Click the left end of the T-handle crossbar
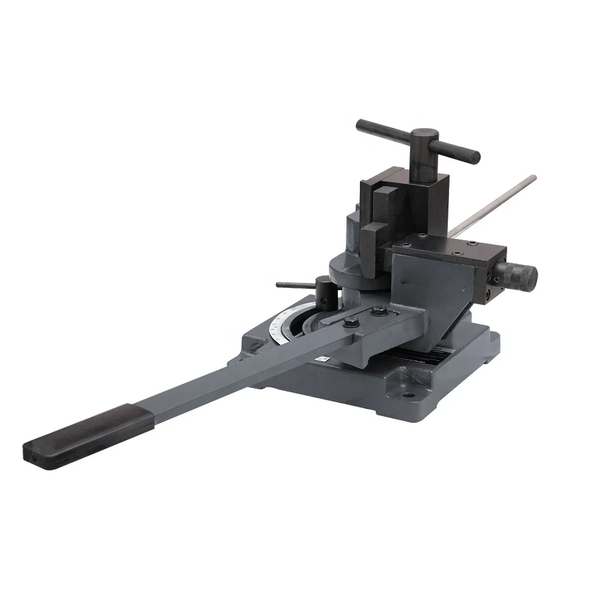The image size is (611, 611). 362,125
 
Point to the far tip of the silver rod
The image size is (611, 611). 533,178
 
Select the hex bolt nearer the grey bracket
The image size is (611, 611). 375,312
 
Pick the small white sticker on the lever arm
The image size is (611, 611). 322,360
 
